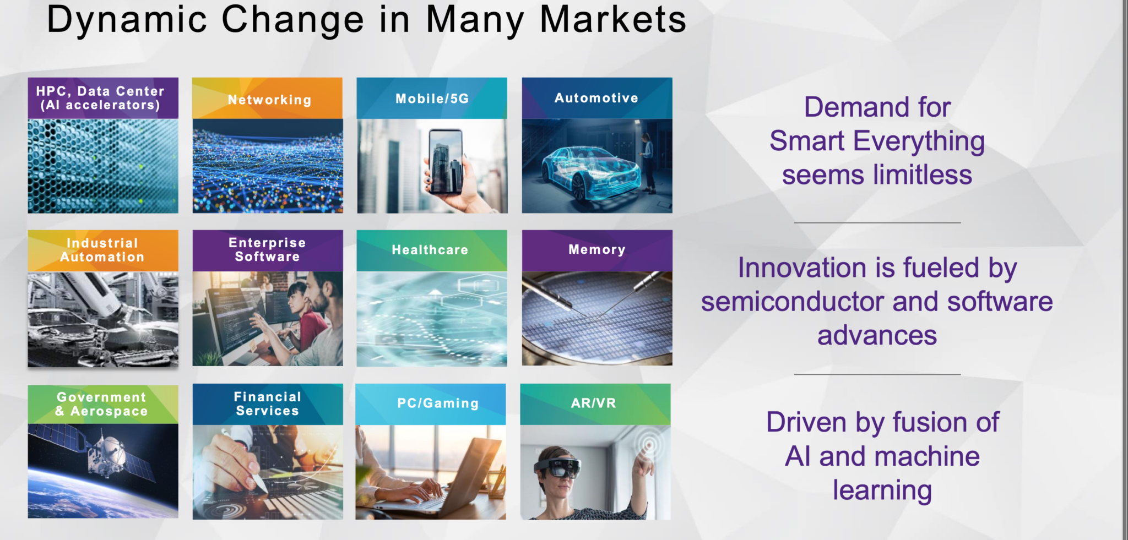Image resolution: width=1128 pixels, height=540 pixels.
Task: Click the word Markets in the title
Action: [613, 20]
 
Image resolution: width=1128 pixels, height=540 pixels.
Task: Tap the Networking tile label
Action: [270, 100]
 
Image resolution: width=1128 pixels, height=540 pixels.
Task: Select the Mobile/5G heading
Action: [432, 99]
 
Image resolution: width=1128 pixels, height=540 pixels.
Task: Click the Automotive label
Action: [596, 98]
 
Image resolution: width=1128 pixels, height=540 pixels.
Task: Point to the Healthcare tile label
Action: [430, 250]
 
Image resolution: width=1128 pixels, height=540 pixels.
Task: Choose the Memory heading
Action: [597, 250]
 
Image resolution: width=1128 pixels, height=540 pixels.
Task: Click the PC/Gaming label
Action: [438, 403]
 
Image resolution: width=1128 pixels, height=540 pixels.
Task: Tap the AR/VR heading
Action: [594, 403]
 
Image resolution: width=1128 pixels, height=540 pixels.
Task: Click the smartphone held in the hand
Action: [445, 161]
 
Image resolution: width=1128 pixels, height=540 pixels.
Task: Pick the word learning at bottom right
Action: [882, 490]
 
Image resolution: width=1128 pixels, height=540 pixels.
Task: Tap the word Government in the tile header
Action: [102, 397]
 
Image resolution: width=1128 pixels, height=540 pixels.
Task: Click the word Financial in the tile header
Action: [268, 396]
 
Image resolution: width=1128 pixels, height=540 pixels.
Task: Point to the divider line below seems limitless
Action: [877, 223]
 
